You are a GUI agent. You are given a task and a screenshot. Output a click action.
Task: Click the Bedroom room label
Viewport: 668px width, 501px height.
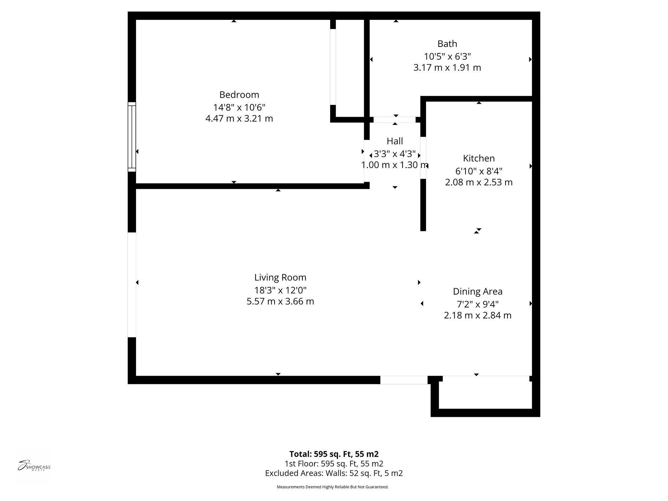tap(239, 95)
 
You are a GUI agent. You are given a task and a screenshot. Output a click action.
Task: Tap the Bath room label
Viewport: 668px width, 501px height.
tap(447, 44)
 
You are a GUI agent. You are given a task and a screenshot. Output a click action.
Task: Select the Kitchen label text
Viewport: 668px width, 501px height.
tap(478, 158)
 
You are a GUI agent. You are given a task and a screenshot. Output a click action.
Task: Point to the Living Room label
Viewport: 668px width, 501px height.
tap(280, 277)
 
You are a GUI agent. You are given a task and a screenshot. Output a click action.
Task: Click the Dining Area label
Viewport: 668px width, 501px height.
tap(478, 291)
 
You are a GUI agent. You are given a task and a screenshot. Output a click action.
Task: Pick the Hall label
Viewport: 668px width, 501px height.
tap(395, 141)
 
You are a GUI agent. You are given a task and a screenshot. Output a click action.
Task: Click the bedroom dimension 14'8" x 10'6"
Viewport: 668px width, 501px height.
tap(239, 107)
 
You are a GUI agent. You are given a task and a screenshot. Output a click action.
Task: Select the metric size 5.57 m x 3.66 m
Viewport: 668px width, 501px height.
tap(280, 301)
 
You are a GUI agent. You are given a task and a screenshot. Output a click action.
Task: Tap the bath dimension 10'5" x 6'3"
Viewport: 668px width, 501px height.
tap(447, 56)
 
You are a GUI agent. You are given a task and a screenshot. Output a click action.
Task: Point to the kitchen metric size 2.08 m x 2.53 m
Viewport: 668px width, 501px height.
tap(478, 182)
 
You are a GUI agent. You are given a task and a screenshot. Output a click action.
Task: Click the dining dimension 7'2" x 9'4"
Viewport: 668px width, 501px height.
tap(478, 304)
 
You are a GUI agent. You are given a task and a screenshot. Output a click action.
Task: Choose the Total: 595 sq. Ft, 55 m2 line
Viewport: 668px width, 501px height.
tap(334, 454)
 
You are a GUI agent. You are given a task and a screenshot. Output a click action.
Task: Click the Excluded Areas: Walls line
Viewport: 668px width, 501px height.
tap(334, 473)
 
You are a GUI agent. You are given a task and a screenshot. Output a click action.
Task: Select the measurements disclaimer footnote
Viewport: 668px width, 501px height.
tap(332, 487)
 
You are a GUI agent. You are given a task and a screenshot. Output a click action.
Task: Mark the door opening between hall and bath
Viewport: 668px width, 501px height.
tap(395, 120)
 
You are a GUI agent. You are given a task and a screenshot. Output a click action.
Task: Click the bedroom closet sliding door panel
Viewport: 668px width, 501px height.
tap(333, 67)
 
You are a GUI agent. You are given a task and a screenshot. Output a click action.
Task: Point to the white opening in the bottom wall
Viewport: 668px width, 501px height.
tap(404, 380)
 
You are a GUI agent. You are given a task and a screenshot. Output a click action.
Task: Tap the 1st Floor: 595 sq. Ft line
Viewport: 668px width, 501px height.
tap(334, 463)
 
